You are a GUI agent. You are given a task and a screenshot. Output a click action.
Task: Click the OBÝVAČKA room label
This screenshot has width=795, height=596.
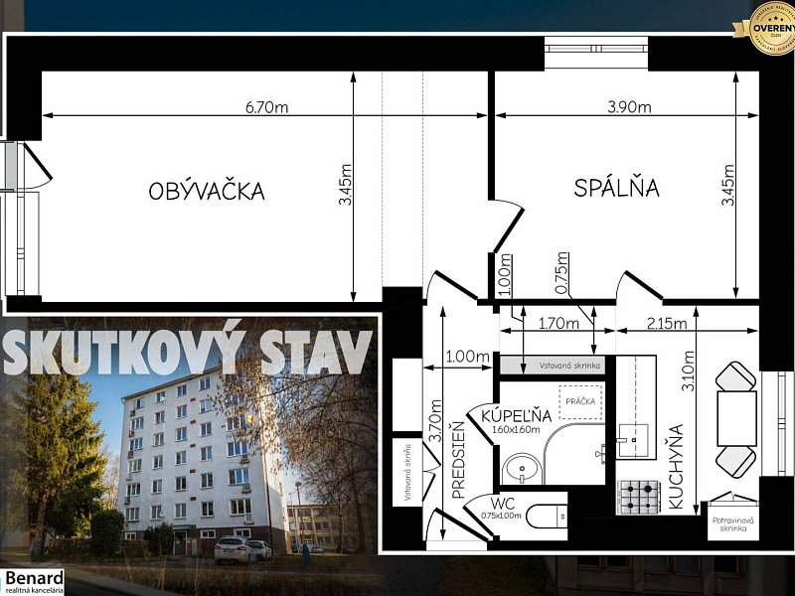207,191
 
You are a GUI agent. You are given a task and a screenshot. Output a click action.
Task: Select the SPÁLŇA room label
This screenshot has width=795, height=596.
616,188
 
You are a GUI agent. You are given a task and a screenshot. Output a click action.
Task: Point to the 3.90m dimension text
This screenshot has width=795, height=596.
630,107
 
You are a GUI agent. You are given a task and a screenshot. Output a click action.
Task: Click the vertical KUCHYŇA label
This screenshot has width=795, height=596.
675,467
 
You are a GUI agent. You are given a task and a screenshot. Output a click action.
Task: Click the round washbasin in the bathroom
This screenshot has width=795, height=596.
520,466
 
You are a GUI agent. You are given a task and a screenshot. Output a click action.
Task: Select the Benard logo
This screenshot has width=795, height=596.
34,581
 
